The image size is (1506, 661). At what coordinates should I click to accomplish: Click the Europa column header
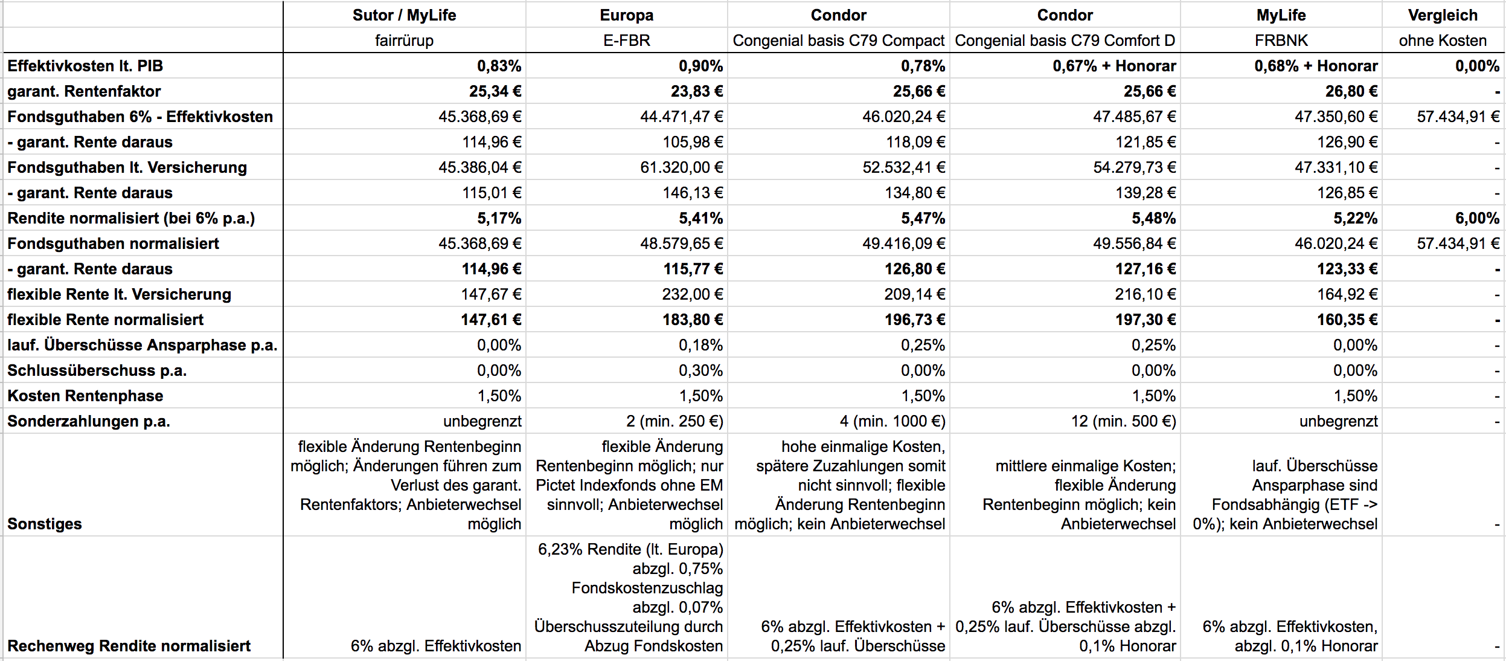click(x=626, y=15)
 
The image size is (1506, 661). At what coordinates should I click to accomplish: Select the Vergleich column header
click(x=1443, y=15)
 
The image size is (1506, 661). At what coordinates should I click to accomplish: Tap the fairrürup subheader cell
click(x=404, y=40)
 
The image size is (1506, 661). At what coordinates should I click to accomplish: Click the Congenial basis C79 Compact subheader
click(x=838, y=40)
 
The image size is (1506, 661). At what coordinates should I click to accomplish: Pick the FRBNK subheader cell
click(x=1281, y=40)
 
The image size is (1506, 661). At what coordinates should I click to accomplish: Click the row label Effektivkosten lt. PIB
click(x=85, y=66)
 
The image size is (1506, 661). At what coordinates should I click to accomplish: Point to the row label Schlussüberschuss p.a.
click(x=97, y=370)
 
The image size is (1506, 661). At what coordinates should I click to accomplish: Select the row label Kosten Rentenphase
click(x=85, y=396)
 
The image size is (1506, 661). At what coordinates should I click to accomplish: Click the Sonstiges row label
click(x=45, y=523)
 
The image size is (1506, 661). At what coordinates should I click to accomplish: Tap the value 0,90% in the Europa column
click(x=700, y=66)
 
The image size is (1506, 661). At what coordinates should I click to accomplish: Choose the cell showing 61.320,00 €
click(x=681, y=167)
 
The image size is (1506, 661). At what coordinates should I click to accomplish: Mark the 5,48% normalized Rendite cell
click(x=1153, y=218)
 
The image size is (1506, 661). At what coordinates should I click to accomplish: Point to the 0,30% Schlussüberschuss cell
click(x=700, y=370)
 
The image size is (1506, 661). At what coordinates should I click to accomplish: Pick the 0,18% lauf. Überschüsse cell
click(x=700, y=345)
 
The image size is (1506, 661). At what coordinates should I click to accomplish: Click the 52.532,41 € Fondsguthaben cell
click(x=903, y=167)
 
